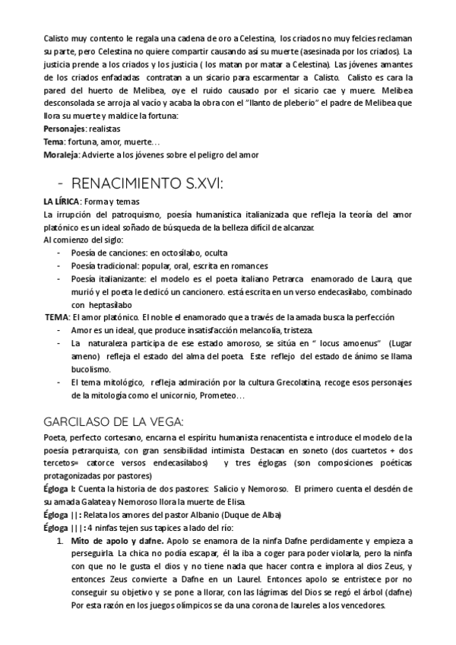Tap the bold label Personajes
[x=63, y=129]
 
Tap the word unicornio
[x=179, y=396]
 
